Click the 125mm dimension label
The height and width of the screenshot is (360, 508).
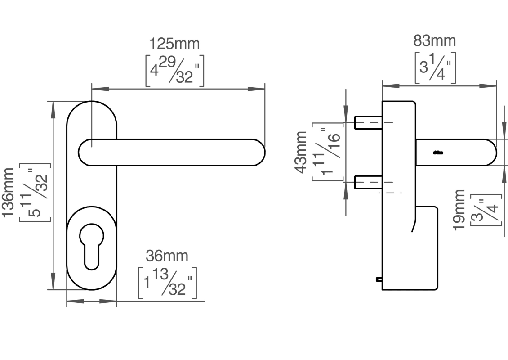(174, 44)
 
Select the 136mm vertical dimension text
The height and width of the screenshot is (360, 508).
(9, 193)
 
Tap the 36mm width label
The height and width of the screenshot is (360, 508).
(167, 256)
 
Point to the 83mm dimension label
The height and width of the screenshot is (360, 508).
(434, 41)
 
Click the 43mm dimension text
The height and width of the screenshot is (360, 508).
(301, 152)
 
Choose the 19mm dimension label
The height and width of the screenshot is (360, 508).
(459, 210)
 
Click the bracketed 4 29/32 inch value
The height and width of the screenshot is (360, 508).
(174, 71)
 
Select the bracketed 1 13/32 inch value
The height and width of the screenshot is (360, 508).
(167, 283)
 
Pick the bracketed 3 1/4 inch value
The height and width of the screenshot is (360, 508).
(435, 67)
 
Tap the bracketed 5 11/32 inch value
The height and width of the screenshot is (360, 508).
(35, 193)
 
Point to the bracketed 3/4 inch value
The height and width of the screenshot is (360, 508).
(486, 210)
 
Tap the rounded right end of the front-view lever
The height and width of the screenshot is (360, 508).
(258, 153)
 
